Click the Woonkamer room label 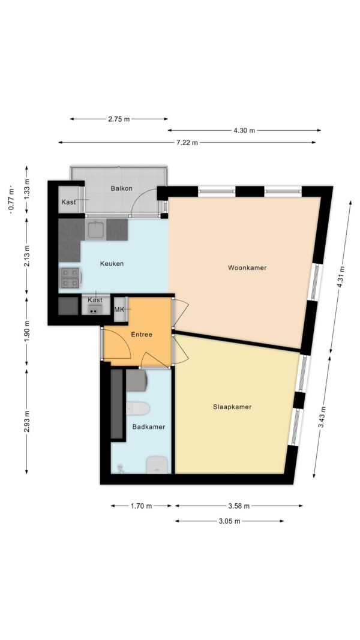[x=247, y=268]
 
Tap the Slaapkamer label [x=232, y=407]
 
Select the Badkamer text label [x=149, y=427]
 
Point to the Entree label [x=141, y=335]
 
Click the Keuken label [x=112, y=264]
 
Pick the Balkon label [x=121, y=188]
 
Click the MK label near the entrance [x=119, y=310]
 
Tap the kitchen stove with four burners [x=70, y=278]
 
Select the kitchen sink [x=97, y=229]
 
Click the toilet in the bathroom [x=137, y=408]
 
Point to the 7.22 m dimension [x=187, y=142]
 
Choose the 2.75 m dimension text [x=119, y=119]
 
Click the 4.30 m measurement [x=244, y=131]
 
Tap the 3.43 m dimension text [x=322, y=417]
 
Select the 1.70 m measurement [x=141, y=506]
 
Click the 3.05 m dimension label [x=229, y=521]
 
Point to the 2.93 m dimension [x=26, y=422]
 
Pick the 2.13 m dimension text [x=26, y=256]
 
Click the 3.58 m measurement [x=239, y=506]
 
